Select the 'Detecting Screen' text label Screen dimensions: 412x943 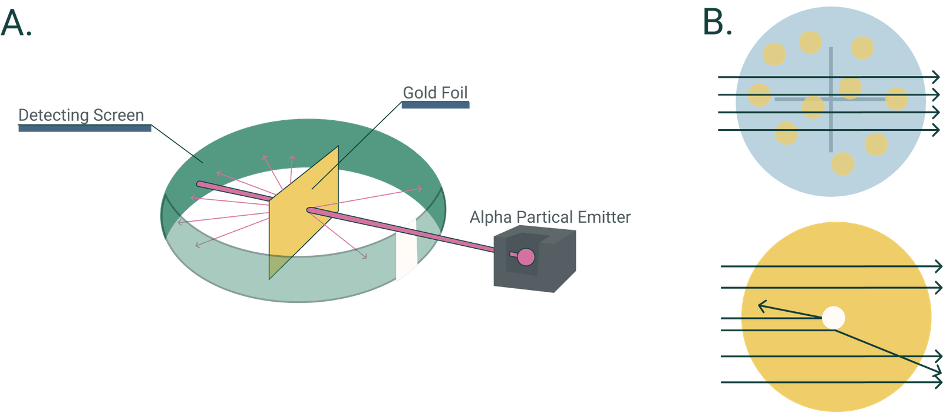coord(81,115)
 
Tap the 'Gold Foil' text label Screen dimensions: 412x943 coord(435,93)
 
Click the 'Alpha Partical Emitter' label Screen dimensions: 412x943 coord(550,217)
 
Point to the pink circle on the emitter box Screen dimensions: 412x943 coord(525,257)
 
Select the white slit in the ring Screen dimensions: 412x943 coord(406,251)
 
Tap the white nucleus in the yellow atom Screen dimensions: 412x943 coord(833,318)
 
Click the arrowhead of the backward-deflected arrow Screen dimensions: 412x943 coord(761,305)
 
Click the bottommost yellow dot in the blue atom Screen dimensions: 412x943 coord(842,163)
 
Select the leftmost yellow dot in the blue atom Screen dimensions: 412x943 coord(759,95)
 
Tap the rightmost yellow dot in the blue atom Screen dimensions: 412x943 coord(896,99)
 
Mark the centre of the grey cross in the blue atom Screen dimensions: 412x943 coord(831,99)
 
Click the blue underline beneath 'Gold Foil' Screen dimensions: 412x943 coord(436,106)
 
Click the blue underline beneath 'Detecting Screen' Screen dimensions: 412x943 coord(85,128)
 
